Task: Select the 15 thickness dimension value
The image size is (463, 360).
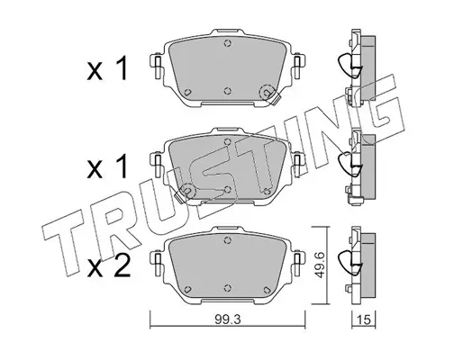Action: [x=363, y=319]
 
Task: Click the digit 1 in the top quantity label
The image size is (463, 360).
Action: [x=123, y=68]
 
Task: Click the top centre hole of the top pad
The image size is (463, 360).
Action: [x=228, y=44]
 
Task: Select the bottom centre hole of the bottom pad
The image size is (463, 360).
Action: [x=228, y=288]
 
